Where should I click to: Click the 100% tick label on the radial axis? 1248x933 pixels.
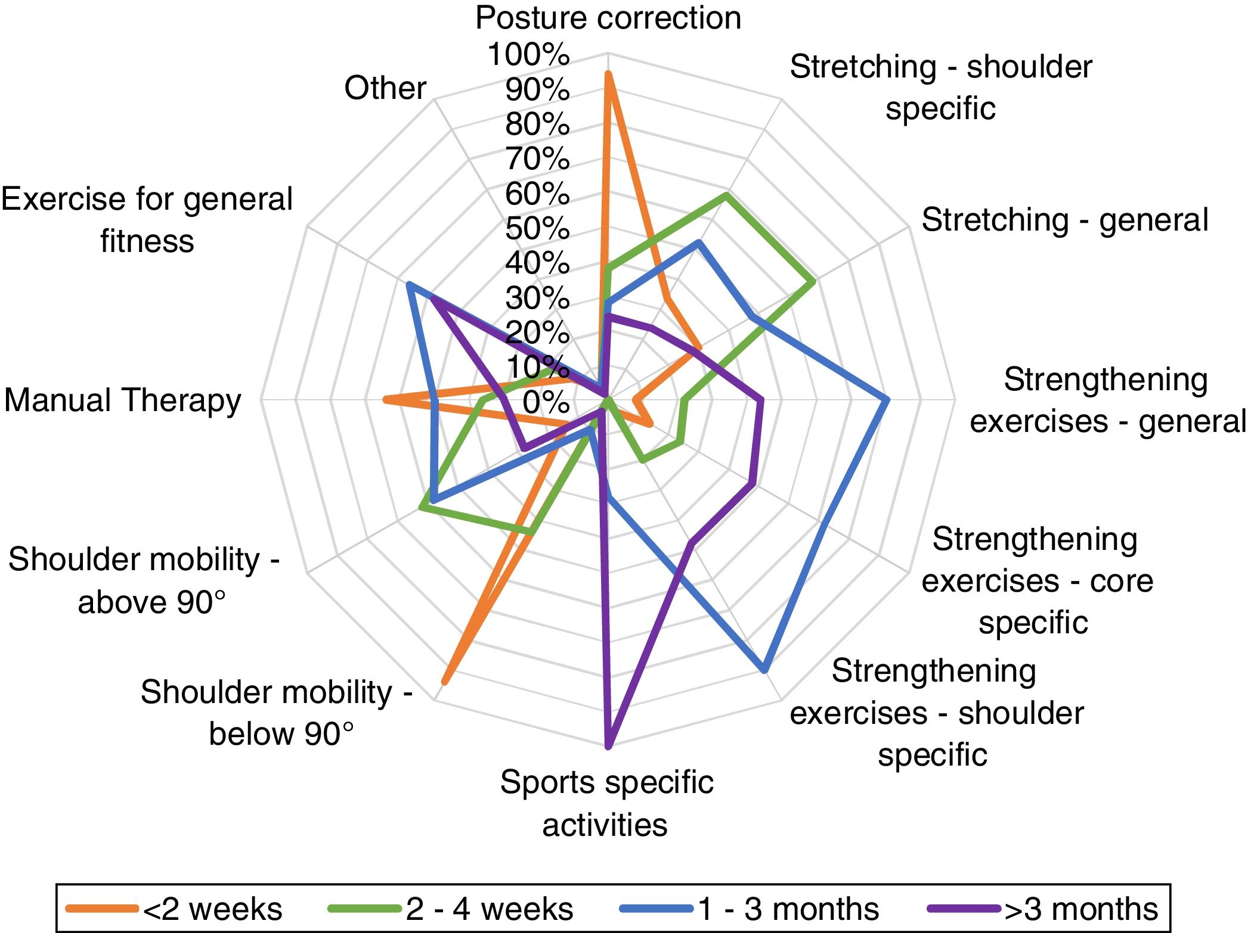click(x=528, y=55)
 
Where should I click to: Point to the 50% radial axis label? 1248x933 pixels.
click(x=537, y=229)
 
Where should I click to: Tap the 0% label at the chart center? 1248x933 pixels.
click(x=546, y=402)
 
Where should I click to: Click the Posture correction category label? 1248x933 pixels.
click(x=608, y=18)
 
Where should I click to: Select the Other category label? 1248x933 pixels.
click(x=385, y=88)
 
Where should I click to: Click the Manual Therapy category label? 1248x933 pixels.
click(x=123, y=400)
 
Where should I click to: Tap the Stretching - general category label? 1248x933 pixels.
click(x=1064, y=220)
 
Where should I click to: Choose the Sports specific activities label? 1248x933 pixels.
click(x=606, y=803)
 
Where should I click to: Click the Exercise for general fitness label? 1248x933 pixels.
click(x=147, y=220)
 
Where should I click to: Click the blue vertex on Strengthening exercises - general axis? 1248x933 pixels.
click(x=887, y=400)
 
